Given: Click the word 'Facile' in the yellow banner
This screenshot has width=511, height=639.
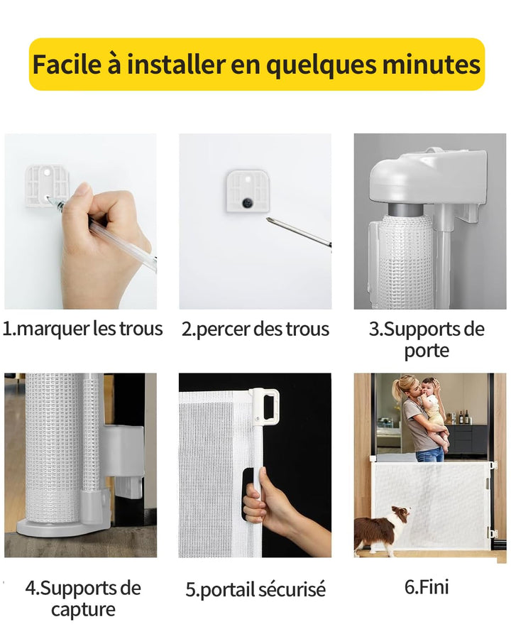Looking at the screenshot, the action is click(67, 64).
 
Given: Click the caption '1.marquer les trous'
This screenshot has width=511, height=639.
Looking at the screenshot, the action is click(83, 329).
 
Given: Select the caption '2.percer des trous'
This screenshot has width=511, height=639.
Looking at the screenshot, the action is click(255, 329).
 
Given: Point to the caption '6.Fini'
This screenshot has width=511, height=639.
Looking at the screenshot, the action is click(427, 587).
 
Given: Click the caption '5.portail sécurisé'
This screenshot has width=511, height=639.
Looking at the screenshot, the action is click(255, 589).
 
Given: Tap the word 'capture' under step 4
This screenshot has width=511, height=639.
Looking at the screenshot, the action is click(83, 610).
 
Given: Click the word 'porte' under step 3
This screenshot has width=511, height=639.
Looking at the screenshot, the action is click(427, 351).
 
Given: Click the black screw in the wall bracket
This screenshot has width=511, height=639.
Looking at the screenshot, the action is click(248, 202).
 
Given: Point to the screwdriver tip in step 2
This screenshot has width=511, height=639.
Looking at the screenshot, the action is click(268, 219).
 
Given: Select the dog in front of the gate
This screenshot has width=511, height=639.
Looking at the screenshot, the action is click(381, 528).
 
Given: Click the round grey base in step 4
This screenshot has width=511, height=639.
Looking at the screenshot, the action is click(61, 528).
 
